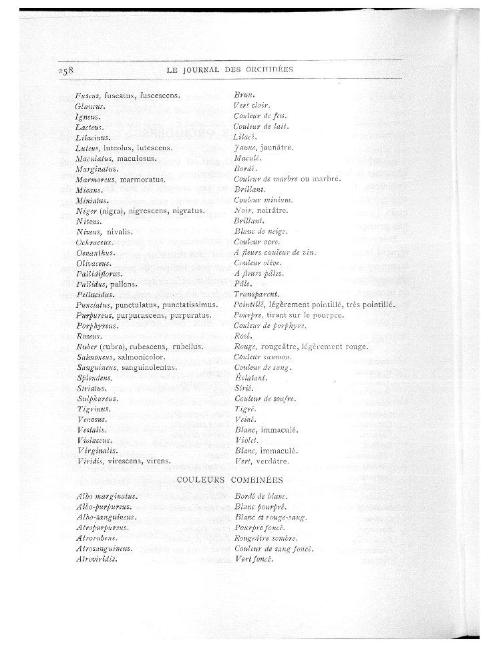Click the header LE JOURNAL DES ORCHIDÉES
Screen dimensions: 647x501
[x=230, y=69]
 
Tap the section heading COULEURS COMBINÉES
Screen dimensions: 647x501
[x=230, y=479]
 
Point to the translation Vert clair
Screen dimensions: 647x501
[x=251, y=106]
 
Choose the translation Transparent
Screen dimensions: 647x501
[x=257, y=294]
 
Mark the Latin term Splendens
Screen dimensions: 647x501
[x=94, y=378]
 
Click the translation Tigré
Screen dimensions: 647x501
[x=242, y=409]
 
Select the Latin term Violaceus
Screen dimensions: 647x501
[x=94, y=441]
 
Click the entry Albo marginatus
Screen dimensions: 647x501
[x=107, y=496]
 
